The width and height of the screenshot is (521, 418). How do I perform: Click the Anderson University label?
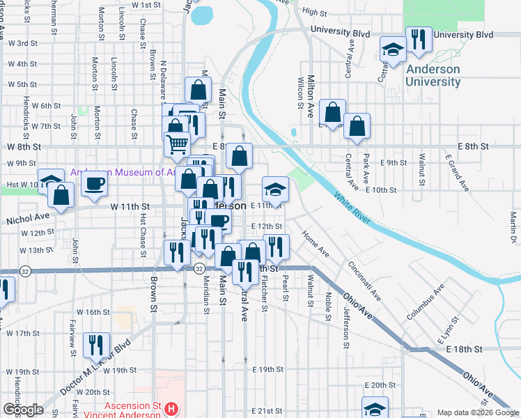point(433,75)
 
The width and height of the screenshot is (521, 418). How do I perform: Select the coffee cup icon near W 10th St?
point(94,183)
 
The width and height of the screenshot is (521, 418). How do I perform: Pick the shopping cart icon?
point(178,144)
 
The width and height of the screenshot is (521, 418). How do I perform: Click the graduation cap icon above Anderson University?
point(393,50)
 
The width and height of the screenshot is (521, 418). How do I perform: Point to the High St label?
point(315,13)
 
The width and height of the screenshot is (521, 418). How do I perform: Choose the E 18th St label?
point(465,348)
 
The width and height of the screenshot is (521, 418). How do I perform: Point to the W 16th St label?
point(93,312)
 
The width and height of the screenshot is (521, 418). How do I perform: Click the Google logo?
point(23,409)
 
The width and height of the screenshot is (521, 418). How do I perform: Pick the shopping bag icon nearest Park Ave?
point(357,127)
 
